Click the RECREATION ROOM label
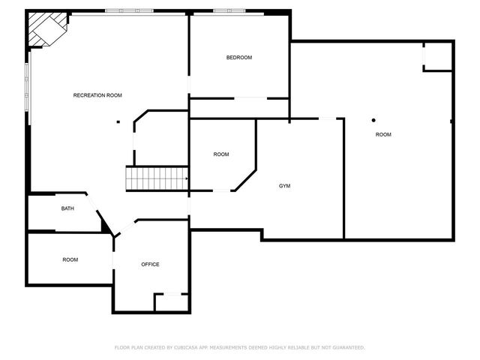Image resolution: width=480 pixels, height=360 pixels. click(97, 95)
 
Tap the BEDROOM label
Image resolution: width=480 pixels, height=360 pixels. click(239, 58)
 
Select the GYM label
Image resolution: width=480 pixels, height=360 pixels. click(284, 185)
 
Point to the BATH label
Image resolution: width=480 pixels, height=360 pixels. click(67, 208)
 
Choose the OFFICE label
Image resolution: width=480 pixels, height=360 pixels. click(150, 264)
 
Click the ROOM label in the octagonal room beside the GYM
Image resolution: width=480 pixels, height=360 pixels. click(221, 154)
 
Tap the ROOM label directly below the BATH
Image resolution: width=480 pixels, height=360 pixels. click(70, 259)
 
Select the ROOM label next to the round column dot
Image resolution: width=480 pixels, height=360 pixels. click(383, 134)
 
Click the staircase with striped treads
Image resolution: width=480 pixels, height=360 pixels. click(156, 178)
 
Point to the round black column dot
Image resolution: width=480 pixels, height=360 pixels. click(373, 120)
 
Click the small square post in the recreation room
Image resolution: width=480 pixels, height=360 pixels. click(118, 121)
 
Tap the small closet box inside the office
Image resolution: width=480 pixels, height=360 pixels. click(170, 302)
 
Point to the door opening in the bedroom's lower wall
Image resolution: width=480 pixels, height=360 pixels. click(250, 98)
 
